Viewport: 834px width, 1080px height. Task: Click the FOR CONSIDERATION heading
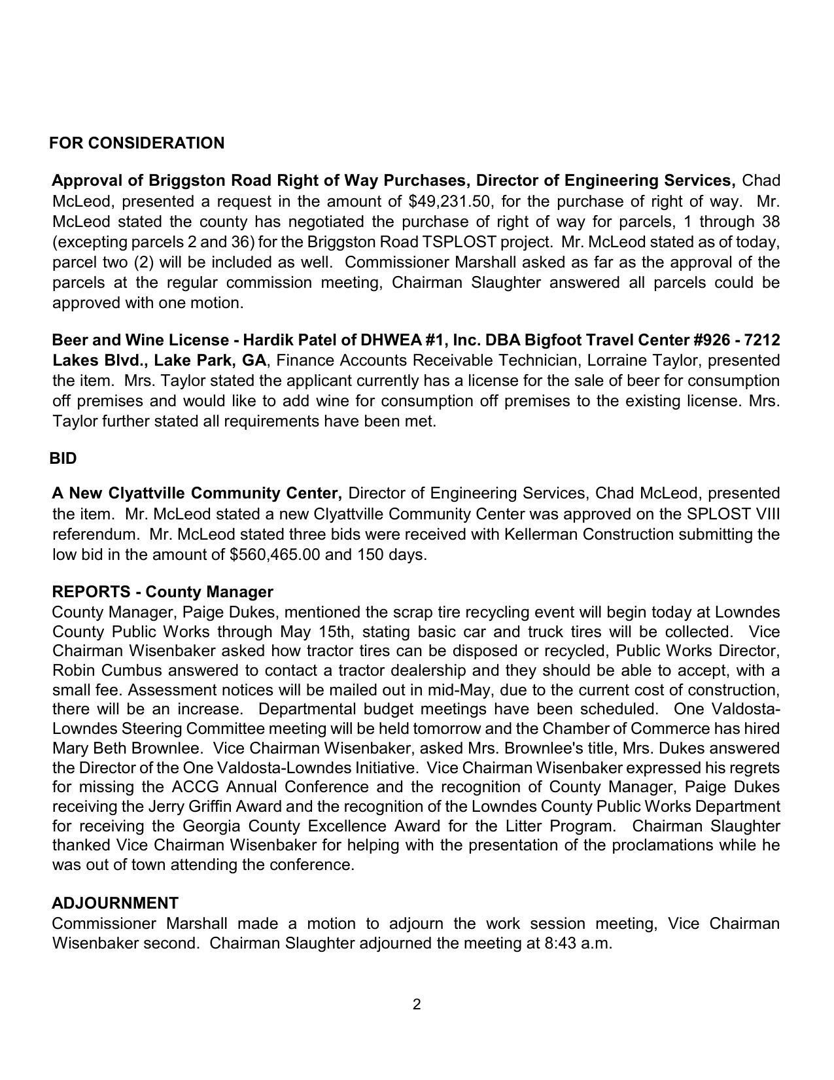click(x=137, y=143)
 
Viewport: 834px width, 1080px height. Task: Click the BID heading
click(x=63, y=459)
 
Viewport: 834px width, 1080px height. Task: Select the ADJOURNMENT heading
click(x=115, y=903)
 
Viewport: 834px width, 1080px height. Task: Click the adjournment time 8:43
click(x=558, y=943)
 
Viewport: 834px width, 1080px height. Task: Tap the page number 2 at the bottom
click(x=417, y=1005)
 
